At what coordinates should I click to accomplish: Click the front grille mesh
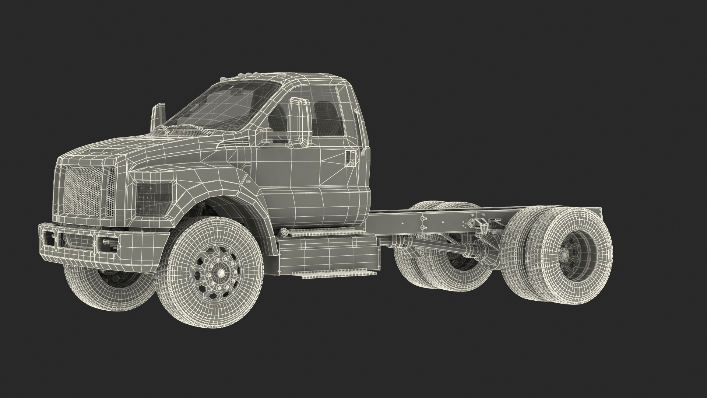click(x=83, y=192)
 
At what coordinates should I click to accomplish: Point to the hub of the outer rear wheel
click(x=565, y=254)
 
